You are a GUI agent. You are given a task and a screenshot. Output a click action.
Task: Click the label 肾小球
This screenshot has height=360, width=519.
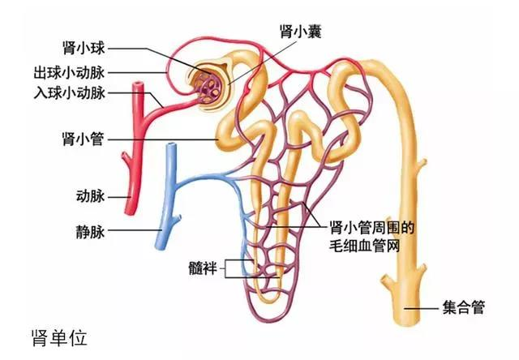click(x=84, y=49)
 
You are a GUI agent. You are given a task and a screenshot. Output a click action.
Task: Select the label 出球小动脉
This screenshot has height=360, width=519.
click(x=69, y=73)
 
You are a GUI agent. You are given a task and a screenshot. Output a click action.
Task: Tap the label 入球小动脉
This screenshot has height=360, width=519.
click(x=69, y=93)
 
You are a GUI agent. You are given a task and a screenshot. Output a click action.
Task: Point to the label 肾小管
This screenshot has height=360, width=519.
click(x=83, y=139)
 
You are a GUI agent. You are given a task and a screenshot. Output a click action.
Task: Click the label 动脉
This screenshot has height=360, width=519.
click(x=90, y=196)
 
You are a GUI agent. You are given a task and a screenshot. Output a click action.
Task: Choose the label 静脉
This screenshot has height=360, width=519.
click(x=90, y=231)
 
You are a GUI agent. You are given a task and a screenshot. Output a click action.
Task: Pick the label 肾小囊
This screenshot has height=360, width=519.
click(x=301, y=32)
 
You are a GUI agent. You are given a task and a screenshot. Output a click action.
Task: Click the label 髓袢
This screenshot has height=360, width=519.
click(x=203, y=268)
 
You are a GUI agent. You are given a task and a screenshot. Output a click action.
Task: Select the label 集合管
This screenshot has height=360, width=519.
click(x=464, y=308)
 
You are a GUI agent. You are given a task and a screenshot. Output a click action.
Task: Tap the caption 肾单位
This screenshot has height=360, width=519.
click(x=59, y=337)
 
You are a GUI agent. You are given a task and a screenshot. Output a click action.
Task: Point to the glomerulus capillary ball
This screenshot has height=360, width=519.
click(x=209, y=87)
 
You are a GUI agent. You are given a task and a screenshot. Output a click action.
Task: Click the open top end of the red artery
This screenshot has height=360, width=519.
click(x=138, y=85)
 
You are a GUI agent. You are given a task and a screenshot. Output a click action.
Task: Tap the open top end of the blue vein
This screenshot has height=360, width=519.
click(x=171, y=146)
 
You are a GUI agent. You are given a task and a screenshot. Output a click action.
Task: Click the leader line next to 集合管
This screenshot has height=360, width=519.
click(x=422, y=309)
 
